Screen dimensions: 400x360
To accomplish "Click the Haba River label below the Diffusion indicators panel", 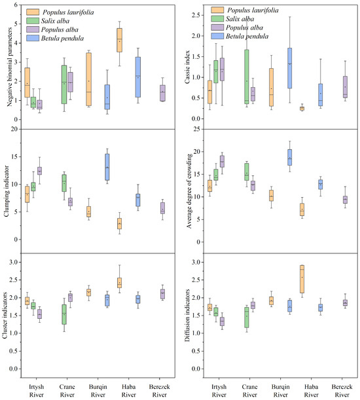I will [x=302, y=389].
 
